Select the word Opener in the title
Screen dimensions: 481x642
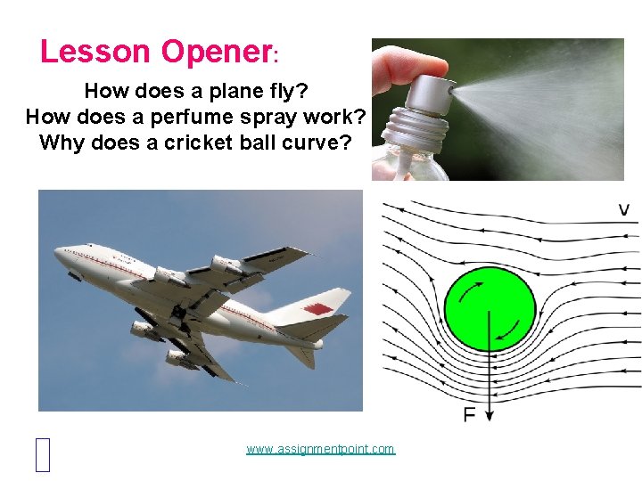(216, 52)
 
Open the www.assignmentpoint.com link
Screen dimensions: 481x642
(320, 449)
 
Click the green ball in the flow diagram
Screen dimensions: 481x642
(490, 308)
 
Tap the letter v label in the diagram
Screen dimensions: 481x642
(624, 210)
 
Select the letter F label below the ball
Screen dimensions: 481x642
(469, 414)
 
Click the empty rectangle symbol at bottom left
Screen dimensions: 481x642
(45, 454)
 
